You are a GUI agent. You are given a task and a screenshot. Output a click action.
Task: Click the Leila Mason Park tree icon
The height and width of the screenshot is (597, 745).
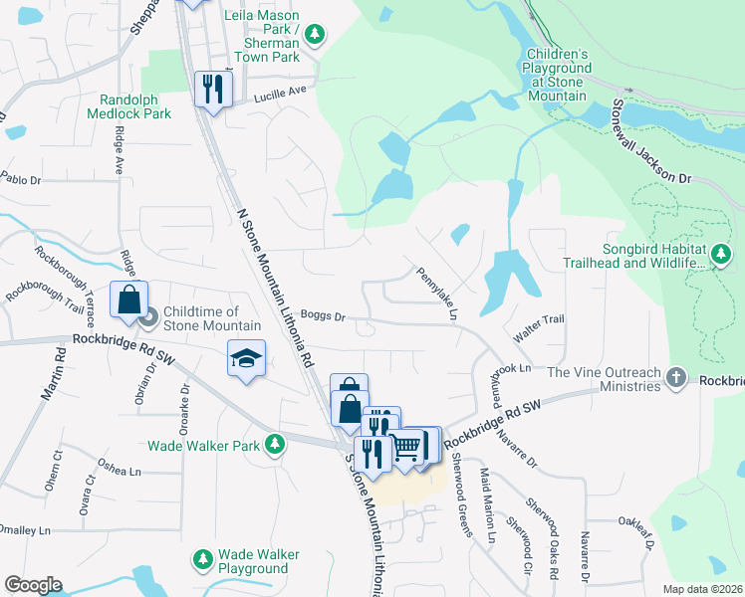pyautogui.click(x=316, y=36)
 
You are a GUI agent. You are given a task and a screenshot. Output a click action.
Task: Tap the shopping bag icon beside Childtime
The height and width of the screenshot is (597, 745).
pyautogui.click(x=129, y=299)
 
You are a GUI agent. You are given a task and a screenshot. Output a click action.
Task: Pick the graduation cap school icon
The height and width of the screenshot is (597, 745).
pyautogui.click(x=246, y=358)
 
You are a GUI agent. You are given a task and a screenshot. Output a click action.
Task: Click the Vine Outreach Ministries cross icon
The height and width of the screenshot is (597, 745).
pyautogui.click(x=676, y=378)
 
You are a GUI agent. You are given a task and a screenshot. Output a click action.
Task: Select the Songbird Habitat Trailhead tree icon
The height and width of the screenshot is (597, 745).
pyautogui.click(x=722, y=256)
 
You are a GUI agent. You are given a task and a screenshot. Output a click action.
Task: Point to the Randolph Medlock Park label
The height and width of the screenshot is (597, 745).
pyautogui.click(x=135, y=106)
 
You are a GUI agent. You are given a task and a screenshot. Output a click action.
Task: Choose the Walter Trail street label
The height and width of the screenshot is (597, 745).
pyautogui.click(x=539, y=319)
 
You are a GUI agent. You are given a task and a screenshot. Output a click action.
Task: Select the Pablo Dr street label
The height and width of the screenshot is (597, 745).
pyautogui.click(x=20, y=180)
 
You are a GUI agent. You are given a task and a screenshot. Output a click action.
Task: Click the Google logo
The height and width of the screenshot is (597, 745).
pyautogui.click(x=33, y=585)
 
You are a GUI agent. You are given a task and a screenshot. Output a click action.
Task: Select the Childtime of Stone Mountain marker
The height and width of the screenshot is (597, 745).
pyautogui.click(x=150, y=318)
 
